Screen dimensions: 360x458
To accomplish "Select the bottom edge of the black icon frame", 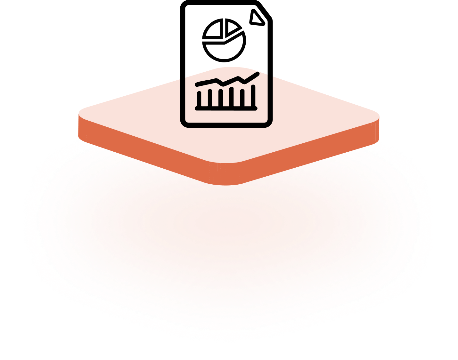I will click(226, 125).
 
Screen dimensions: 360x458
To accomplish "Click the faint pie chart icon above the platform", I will click(224, 40).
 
